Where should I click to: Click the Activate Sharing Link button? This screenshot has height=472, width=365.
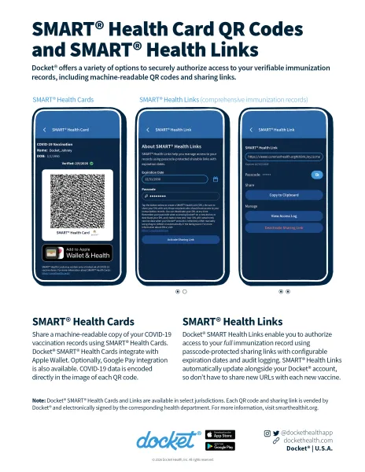pos(181,239)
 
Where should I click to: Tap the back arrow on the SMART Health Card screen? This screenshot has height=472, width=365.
pos(42,129)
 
